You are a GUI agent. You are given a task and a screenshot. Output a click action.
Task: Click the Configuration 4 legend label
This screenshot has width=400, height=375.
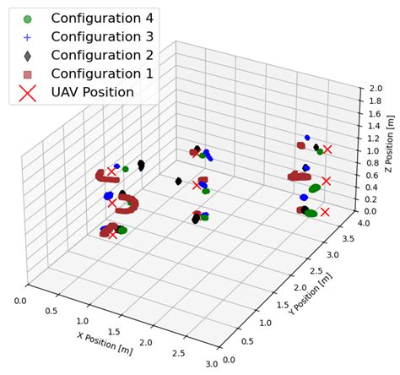[103, 18]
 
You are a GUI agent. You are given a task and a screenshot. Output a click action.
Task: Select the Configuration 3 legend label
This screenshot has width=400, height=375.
[103, 37]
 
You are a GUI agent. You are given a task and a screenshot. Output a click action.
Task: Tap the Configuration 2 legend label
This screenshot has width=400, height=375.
[103, 56]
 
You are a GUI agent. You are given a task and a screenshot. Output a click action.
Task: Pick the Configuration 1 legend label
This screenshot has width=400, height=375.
[103, 74]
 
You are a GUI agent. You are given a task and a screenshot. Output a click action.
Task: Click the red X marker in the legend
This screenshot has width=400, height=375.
[27, 93]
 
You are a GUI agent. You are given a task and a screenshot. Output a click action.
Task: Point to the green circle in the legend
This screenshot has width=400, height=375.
[27, 18]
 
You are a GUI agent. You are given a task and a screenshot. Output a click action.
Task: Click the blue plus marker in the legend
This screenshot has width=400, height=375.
[27, 37]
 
